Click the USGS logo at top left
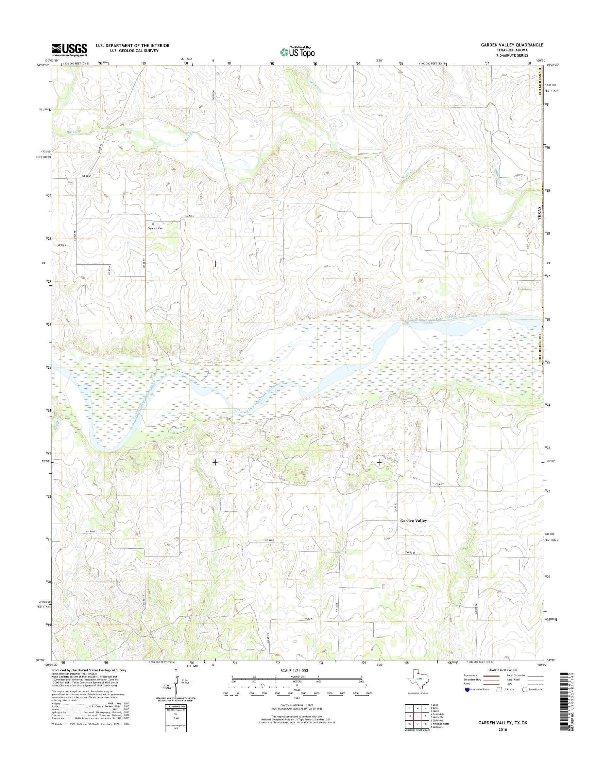[x=70, y=50]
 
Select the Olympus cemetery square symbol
[x=153, y=224]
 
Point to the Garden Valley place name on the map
[x=413, y=521]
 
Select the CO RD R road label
[x=308, y=619]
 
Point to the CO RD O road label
[x=440, y=485]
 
